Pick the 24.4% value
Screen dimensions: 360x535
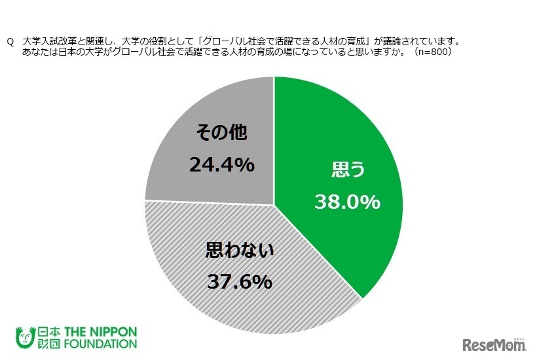[221, 166]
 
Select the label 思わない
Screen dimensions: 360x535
[238, 251]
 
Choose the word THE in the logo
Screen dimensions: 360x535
[71, 329]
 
